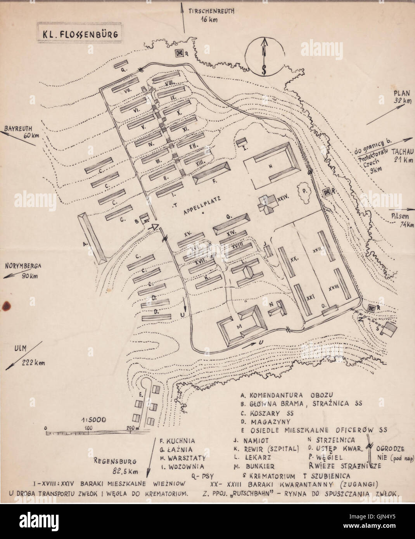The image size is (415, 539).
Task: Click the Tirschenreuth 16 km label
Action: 211,15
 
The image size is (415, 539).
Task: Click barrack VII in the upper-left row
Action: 125,88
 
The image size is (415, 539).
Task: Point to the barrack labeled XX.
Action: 288,264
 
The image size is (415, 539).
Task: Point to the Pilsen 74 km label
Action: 395,221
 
